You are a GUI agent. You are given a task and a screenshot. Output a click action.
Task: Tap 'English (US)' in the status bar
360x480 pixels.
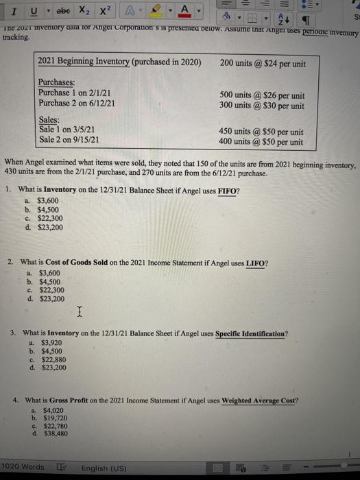point(104,468)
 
